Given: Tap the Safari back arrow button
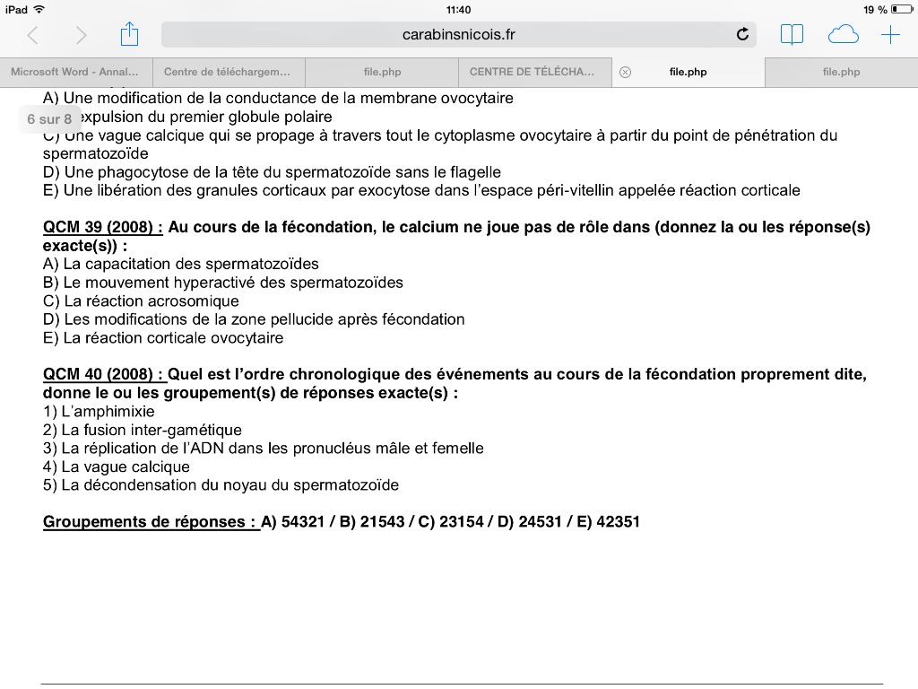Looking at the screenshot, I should [33, 35].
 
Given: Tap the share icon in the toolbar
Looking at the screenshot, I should [130, 35].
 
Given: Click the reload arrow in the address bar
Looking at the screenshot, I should [741, 35].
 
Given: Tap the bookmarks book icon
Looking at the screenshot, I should [792, 35].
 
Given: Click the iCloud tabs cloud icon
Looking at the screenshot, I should [843, 35].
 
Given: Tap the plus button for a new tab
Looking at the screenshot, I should [890, 35].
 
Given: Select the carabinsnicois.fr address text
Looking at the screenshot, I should [459, 35].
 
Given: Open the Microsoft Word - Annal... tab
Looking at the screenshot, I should [75, 72].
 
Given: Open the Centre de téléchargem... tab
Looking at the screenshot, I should [228, 72].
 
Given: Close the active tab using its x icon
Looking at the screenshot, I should [626, 72].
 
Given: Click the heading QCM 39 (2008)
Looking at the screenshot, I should [102, 227].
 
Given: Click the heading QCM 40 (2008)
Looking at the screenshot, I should [102, 374].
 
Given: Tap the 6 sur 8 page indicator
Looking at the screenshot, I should [49, 118].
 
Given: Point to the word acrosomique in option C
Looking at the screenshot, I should [197, 301].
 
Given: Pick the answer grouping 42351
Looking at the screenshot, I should [618, 521].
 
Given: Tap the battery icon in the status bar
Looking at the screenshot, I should [901, 9].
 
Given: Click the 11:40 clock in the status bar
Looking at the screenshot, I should [458, 9].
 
